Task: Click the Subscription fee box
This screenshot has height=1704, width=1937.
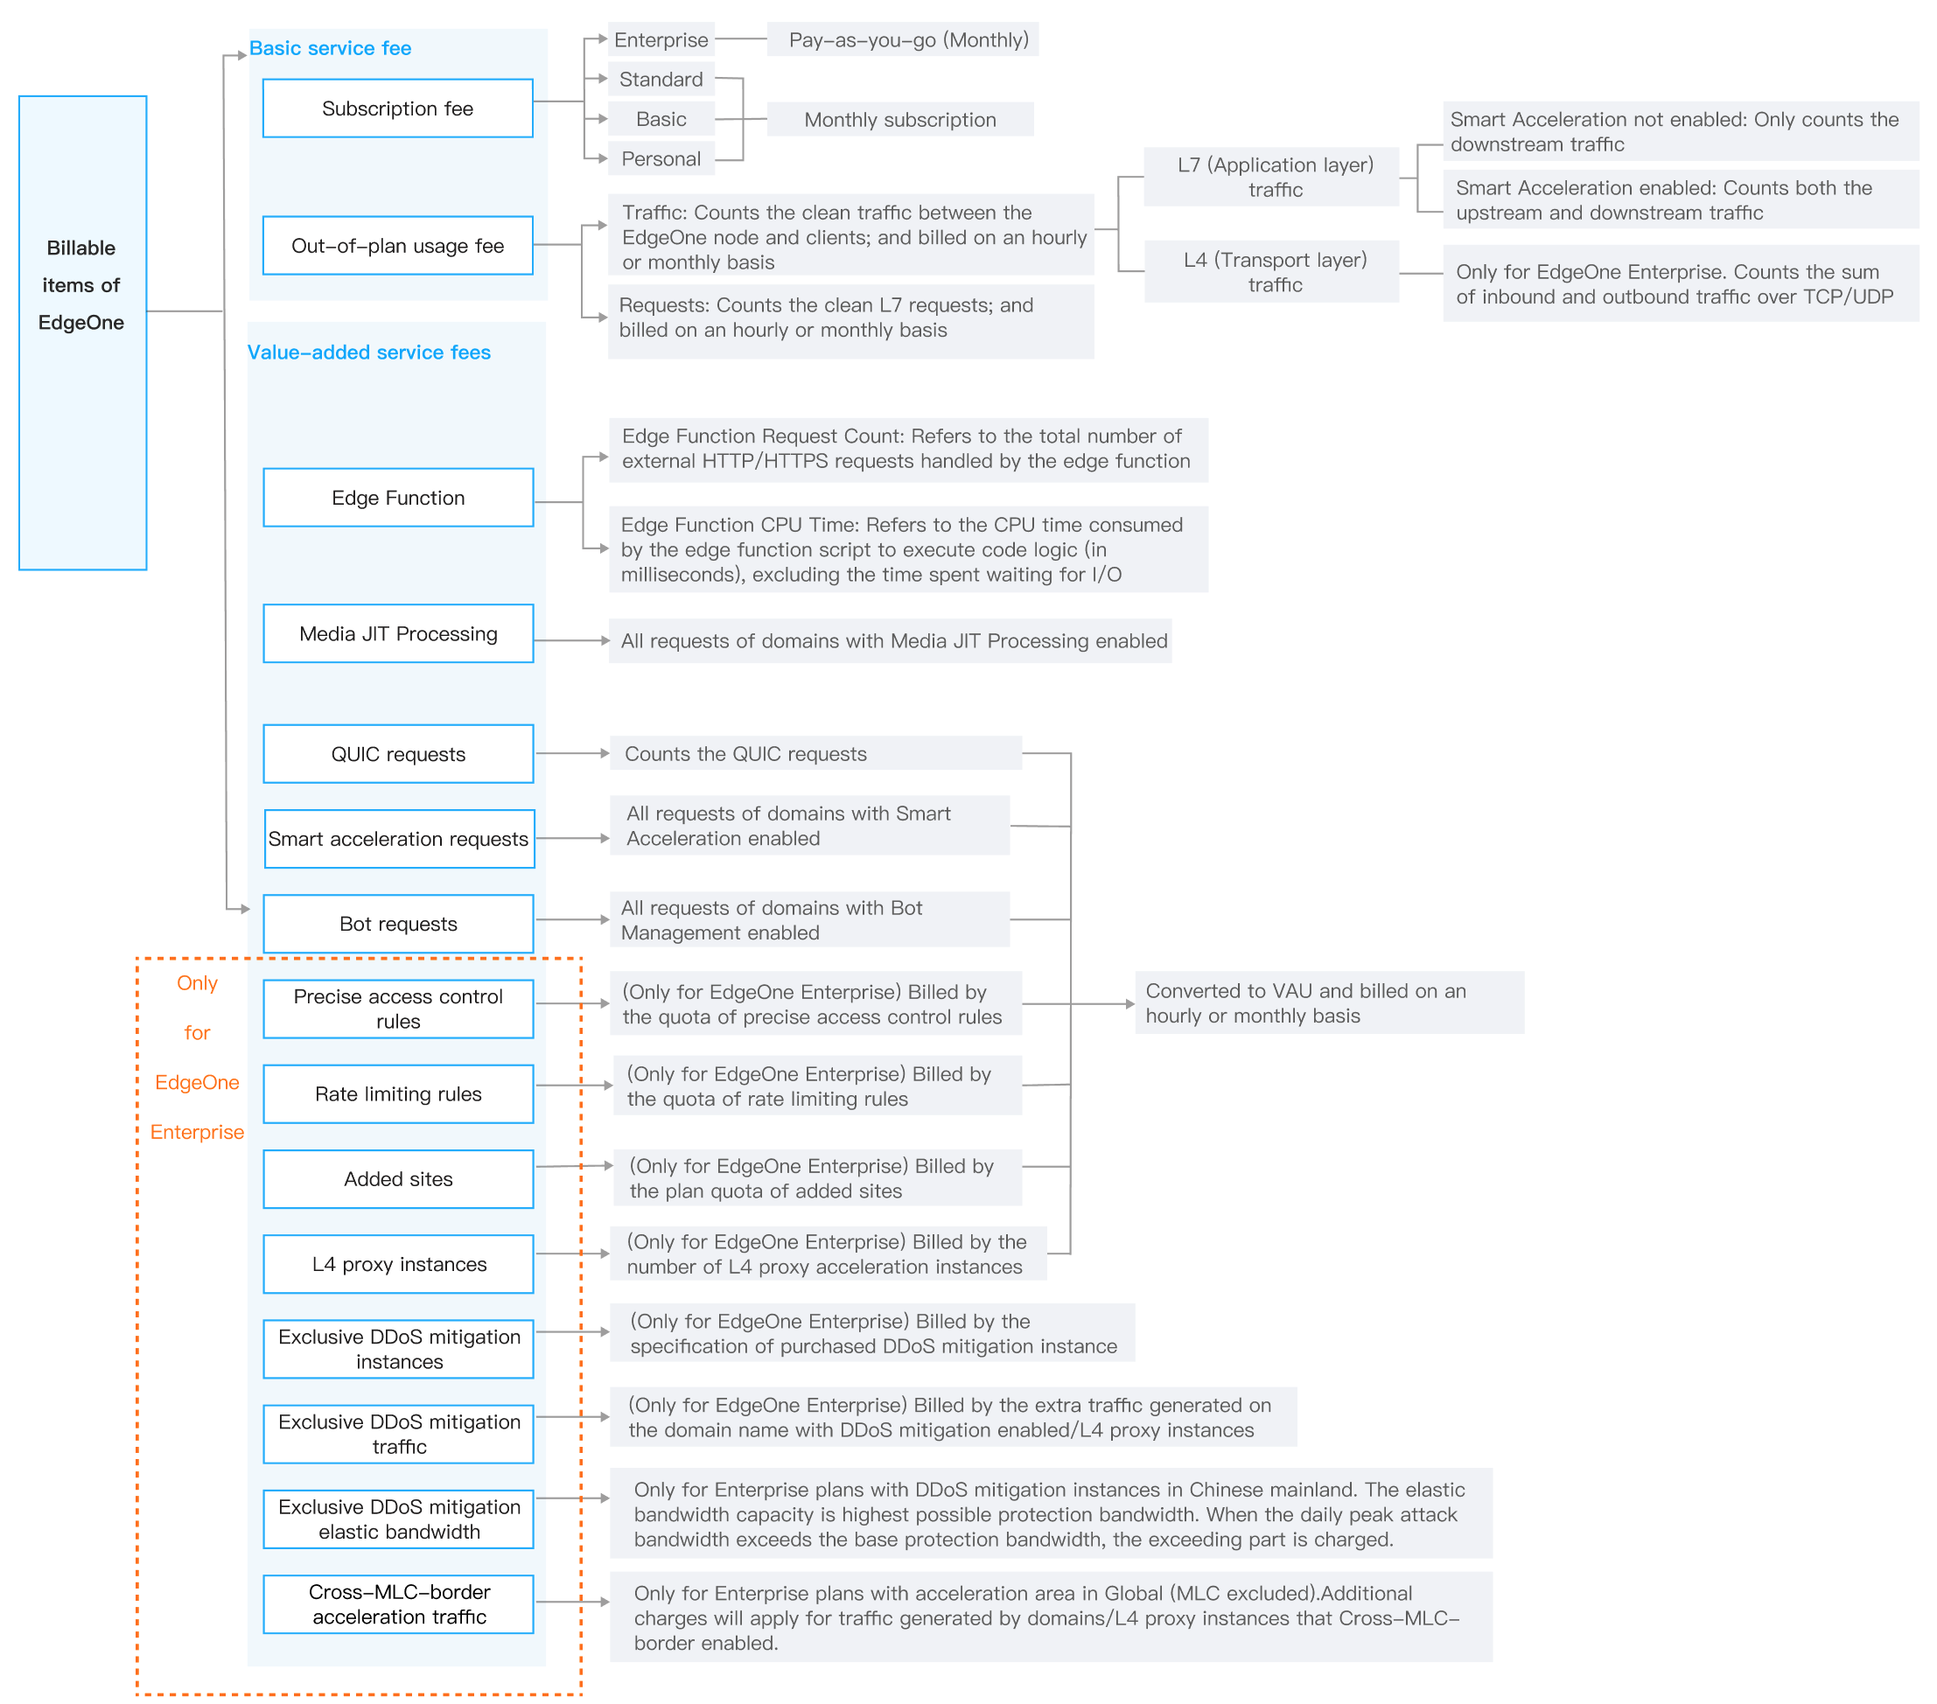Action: click(397, 108)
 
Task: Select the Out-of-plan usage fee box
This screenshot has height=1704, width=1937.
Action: click(397, 246)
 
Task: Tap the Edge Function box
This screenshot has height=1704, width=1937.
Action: click(398, 498)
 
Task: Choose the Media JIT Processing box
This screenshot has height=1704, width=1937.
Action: click(398, 633)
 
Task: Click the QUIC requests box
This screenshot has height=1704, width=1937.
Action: click(398, 753)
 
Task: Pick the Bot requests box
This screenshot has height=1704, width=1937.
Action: click(398, 923)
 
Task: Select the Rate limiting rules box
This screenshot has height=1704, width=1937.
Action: click(398, 1093)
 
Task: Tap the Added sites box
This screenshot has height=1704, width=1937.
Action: click(398, 1179)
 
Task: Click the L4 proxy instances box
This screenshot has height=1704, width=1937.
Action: click(398, 1263)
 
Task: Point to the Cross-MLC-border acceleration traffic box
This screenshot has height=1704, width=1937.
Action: click(398, 1603)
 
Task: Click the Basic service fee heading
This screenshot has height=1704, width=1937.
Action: click(330, 48)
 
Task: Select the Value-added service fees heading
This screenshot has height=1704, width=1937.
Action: click(368, 353)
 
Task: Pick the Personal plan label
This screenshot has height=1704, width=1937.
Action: click(661, 159)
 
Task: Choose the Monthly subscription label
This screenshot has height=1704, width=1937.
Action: click(899, 120)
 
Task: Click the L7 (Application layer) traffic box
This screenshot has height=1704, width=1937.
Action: click(1275, 178)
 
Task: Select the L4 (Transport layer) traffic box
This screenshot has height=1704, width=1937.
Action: click(1275, 272)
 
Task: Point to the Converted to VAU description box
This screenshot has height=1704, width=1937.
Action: click(1329, 1002)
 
